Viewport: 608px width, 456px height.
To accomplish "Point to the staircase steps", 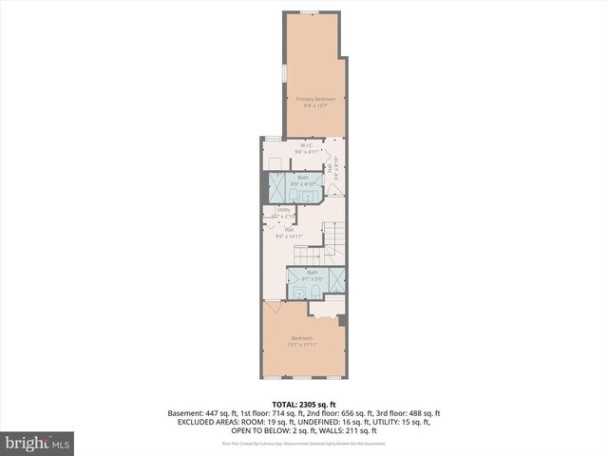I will tap(331, 242).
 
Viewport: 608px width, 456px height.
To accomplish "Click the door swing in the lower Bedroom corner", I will tap(274, 308).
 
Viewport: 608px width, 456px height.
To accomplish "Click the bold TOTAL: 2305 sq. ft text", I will tap(304, 404).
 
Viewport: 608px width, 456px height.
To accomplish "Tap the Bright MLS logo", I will tap(38, 443).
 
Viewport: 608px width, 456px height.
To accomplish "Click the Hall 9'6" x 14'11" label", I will tap(289, 232).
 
